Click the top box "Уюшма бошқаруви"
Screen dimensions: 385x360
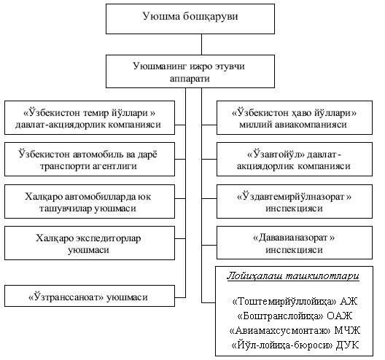pos(190,19)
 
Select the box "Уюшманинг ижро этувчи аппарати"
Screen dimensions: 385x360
pos(190,71)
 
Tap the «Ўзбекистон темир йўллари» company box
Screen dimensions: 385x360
pos(90,117)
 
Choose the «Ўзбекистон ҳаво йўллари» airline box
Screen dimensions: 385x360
pos(295,117)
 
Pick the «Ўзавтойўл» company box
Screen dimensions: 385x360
pos(295,160)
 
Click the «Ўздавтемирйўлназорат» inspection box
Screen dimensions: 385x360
pos(295,201)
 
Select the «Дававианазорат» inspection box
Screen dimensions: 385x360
pos(295,243)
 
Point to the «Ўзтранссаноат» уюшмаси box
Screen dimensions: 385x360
pos(90,296)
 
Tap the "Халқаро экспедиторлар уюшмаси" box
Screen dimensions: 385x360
pos(90,243)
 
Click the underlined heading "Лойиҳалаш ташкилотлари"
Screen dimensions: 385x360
pos(293,276)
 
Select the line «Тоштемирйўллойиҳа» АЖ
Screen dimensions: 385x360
pos(295,302)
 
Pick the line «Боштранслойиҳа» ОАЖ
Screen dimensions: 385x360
pos(295,316)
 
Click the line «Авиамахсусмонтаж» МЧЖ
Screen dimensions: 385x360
pos(295,331)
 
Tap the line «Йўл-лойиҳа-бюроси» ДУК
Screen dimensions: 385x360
pos(295,345)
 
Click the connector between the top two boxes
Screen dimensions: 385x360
pos(201,44)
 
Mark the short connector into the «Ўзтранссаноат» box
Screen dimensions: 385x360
pos(180,297)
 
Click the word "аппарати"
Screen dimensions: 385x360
pos(190,79)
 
